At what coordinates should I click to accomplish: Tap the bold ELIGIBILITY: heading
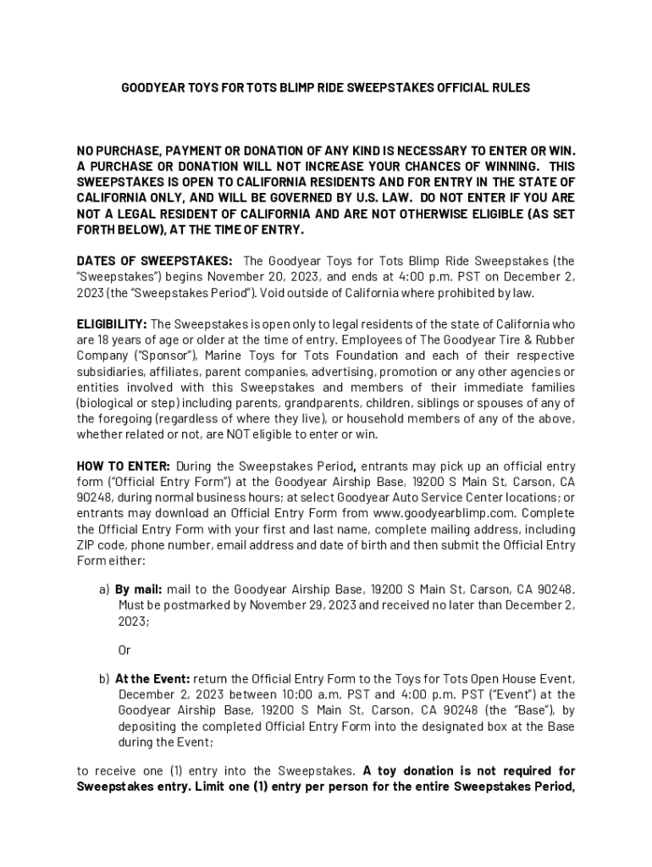point(112,324)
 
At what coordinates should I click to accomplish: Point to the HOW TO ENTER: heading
point(124,467)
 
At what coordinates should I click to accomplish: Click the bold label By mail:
point(139,589)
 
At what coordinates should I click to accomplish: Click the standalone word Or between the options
point(124,651)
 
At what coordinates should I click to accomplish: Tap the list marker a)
point(104,589)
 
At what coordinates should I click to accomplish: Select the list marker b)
point(104,679)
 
